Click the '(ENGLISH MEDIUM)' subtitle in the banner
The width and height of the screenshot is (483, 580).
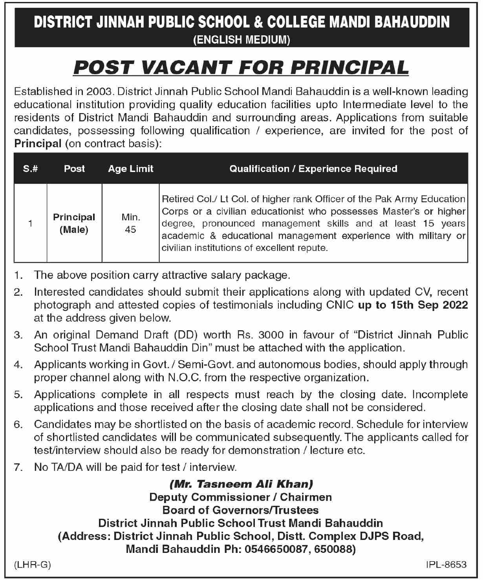click(x=241, y=40)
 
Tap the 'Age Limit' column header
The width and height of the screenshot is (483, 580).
click(x=131, y=168)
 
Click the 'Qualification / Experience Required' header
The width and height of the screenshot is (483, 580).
click(x=313, y=168)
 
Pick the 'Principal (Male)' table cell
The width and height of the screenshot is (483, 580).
click(x=74, y=223)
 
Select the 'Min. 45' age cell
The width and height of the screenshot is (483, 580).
click(x=131, y=223)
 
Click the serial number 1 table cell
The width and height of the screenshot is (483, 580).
click(x=30, y=223)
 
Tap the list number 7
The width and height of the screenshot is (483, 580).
click(x=18, y=467)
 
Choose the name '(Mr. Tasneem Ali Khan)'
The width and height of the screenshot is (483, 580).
click(x=241, y=484)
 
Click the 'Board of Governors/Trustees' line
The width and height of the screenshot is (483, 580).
click(x=241, y=510)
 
